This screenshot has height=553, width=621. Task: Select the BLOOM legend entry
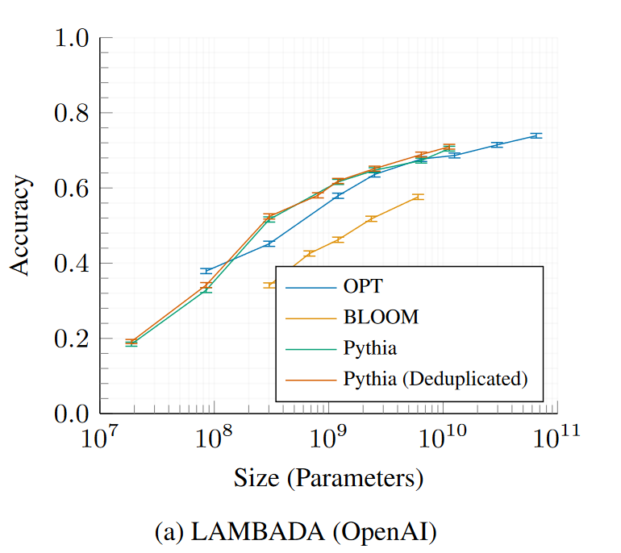pos(381,317)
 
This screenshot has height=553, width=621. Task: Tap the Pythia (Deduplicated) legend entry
pos(436,377)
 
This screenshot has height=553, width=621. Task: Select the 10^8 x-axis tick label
pos(214,439)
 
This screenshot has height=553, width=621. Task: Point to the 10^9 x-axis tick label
pos(328,439)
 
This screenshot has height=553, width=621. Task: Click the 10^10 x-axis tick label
pos(443,439)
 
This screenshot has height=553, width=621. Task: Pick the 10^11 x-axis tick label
pos(557,439)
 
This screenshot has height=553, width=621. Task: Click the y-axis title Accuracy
pos(22,226)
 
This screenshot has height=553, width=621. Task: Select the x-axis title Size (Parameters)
pos(328,478)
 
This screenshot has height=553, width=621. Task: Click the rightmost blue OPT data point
pos(535,135)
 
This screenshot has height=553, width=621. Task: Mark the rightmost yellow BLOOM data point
pos(416,197)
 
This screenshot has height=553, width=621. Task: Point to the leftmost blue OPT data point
pos(207,271)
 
